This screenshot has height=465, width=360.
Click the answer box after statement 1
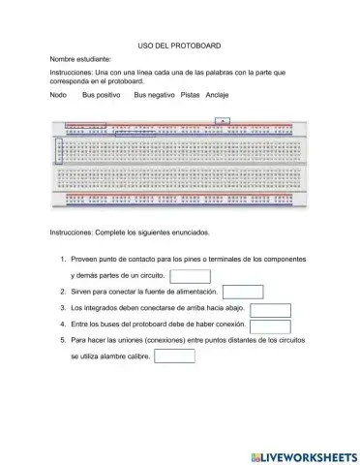(190, 276)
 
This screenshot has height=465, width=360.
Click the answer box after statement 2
(243, 292)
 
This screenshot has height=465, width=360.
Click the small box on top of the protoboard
(222, 122)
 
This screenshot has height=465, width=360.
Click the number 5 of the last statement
(62, 341)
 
